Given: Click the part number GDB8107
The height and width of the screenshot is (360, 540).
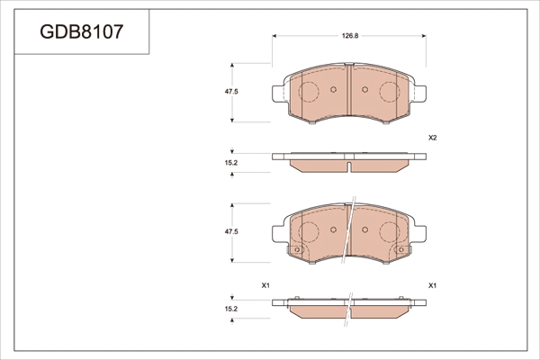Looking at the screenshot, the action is tap(82, 31).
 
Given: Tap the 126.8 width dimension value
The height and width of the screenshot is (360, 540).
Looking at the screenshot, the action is tap(350, 36).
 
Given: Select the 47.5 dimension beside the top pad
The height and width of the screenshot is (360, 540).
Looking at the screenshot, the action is tap(231, 92).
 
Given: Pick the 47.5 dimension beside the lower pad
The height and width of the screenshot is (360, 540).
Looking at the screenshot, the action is tap(231, 232).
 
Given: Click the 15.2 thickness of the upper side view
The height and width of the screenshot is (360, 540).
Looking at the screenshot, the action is tap(231, 163).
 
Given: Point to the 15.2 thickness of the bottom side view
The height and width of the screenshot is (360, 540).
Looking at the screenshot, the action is tap(231, 309).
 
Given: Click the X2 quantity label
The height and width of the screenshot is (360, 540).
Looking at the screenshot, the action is tap(433, 138).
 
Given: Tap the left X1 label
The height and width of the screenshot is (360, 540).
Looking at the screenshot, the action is tap(265, 285).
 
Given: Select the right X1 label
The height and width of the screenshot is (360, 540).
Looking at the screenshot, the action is tap(433, 285).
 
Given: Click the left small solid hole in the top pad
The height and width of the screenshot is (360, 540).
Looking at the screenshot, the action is tap(333, 90).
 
